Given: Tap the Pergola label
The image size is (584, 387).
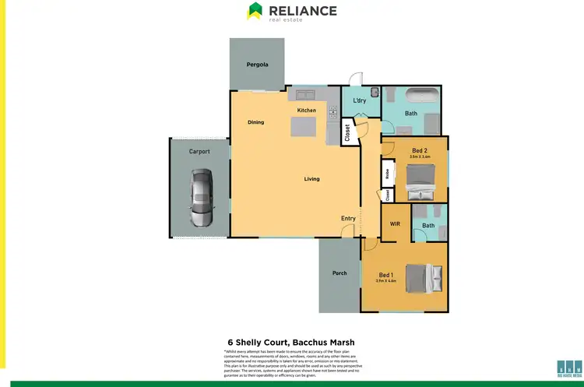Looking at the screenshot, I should (257, 65).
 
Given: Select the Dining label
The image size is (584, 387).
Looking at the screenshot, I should (256, 122).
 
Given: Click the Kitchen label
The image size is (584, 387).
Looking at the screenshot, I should (307, 111).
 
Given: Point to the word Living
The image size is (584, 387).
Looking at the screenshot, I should (311, 179).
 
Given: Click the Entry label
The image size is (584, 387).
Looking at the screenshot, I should (348, 218).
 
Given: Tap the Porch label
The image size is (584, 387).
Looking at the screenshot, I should (339, 273).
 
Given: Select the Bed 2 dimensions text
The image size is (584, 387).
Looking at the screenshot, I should (420, 157).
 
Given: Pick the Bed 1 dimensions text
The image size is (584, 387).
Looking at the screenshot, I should (386, 281).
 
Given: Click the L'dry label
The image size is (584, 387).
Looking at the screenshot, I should (360, 101).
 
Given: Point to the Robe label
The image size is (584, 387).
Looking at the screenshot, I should (386, 173).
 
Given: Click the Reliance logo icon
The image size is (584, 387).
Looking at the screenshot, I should (255, 11).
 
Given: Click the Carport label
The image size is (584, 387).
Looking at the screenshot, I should (199, 151).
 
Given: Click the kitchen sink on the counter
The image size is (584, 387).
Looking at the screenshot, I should (304, 95).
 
